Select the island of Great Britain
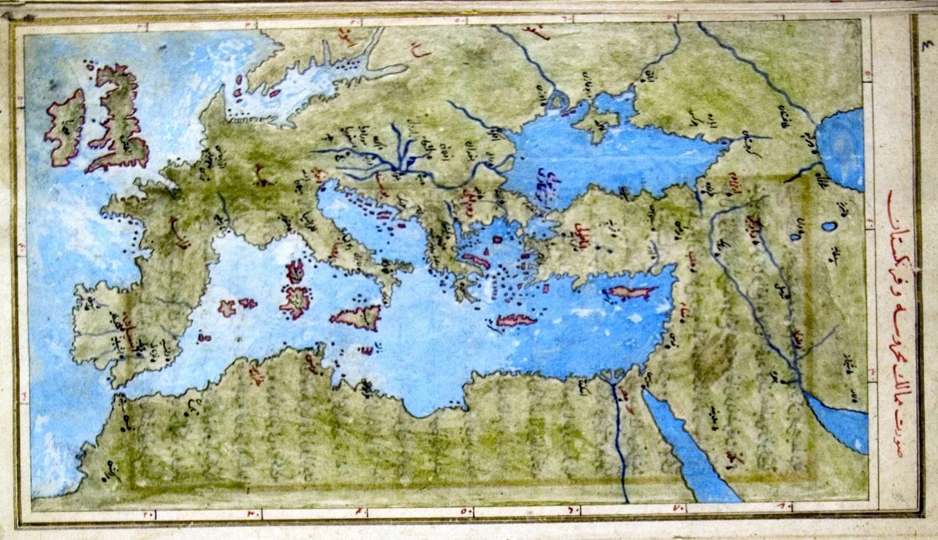[117, 117]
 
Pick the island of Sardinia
[296, 301]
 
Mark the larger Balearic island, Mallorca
[227, 308]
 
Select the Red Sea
[688, 453]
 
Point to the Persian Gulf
[840, 422]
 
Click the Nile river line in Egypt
[618, 438]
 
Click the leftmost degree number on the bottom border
[148, 514]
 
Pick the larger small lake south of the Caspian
[829, 227]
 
